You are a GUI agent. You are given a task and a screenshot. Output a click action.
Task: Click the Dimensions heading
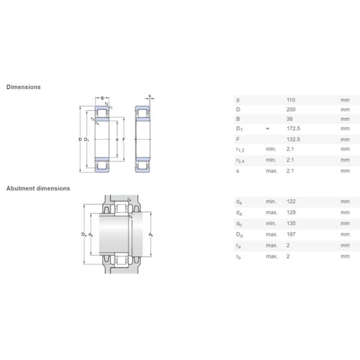point(23,87)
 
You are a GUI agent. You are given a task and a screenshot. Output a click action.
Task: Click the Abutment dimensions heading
point(38,188)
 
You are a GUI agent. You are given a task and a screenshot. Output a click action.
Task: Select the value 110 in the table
point(292,100)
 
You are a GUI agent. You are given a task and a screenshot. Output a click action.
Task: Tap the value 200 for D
point(292,110)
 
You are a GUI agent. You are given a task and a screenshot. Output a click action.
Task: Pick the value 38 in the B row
point(290,119)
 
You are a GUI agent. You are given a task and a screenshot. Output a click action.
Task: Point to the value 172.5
point(293,129)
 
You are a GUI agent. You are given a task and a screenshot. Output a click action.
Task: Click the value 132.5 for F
point(293,139)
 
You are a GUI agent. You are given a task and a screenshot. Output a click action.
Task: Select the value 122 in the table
point(292,202)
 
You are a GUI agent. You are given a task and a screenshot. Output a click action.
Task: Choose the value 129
point(292,213)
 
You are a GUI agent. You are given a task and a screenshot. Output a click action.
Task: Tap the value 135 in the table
point(292,223)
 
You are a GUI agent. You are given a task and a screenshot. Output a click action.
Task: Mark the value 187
point(292,234)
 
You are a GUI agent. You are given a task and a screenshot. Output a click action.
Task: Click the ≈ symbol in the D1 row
point(268,129)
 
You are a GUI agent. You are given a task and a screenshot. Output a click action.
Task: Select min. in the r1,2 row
point(271,149)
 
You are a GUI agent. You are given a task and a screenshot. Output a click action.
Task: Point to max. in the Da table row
point(271,234)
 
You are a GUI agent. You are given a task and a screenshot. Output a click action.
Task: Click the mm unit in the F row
point(344,139)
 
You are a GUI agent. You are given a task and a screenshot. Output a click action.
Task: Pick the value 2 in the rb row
point(289,256)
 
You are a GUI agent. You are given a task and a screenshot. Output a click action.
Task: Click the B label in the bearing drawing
point(102,98)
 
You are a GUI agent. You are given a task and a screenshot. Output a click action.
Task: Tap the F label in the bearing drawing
point(124,140)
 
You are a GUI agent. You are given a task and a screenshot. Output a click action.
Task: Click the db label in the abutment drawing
point(151,235)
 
